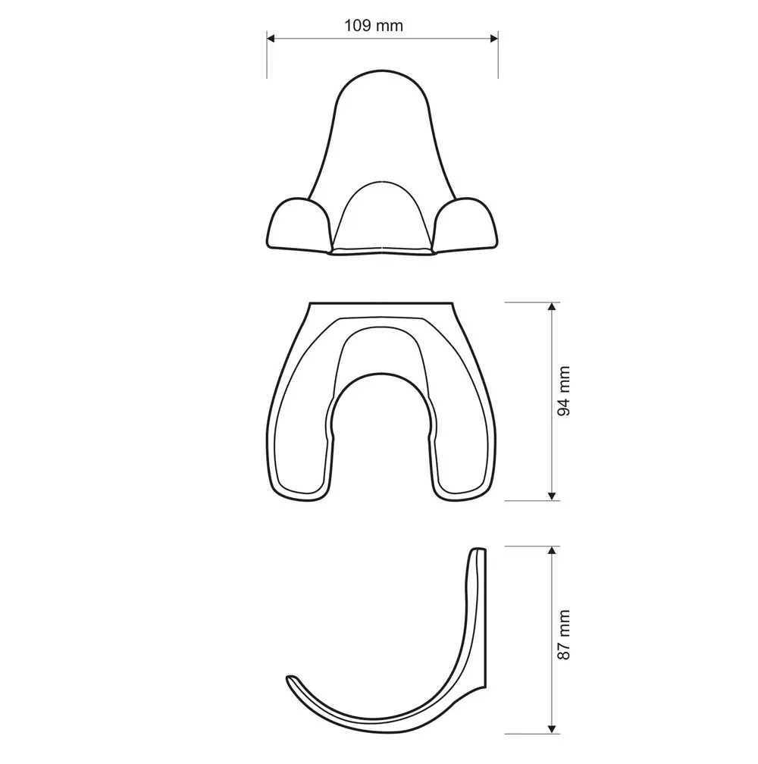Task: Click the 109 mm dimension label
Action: (374, 25)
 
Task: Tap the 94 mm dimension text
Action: (564, 391)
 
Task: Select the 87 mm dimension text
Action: (564, 635)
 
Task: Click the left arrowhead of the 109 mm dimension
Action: (271, 39)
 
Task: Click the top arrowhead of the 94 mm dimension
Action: (552, 306)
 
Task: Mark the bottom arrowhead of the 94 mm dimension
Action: (552, 496)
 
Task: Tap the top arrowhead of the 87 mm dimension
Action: (552, 550)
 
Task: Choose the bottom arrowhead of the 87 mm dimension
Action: (552, 729)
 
